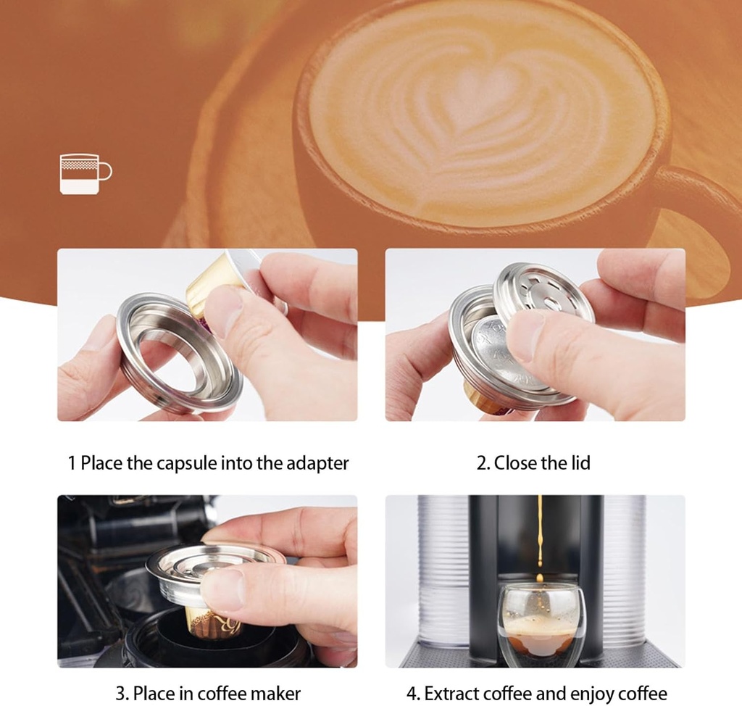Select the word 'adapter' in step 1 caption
click(x=315, y=463)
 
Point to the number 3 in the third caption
click(x=120, y=693)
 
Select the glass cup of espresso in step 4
click(x=541, y=624)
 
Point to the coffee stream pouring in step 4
click(x=540, y=536)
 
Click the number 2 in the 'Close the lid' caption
click(x=480, y=463)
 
